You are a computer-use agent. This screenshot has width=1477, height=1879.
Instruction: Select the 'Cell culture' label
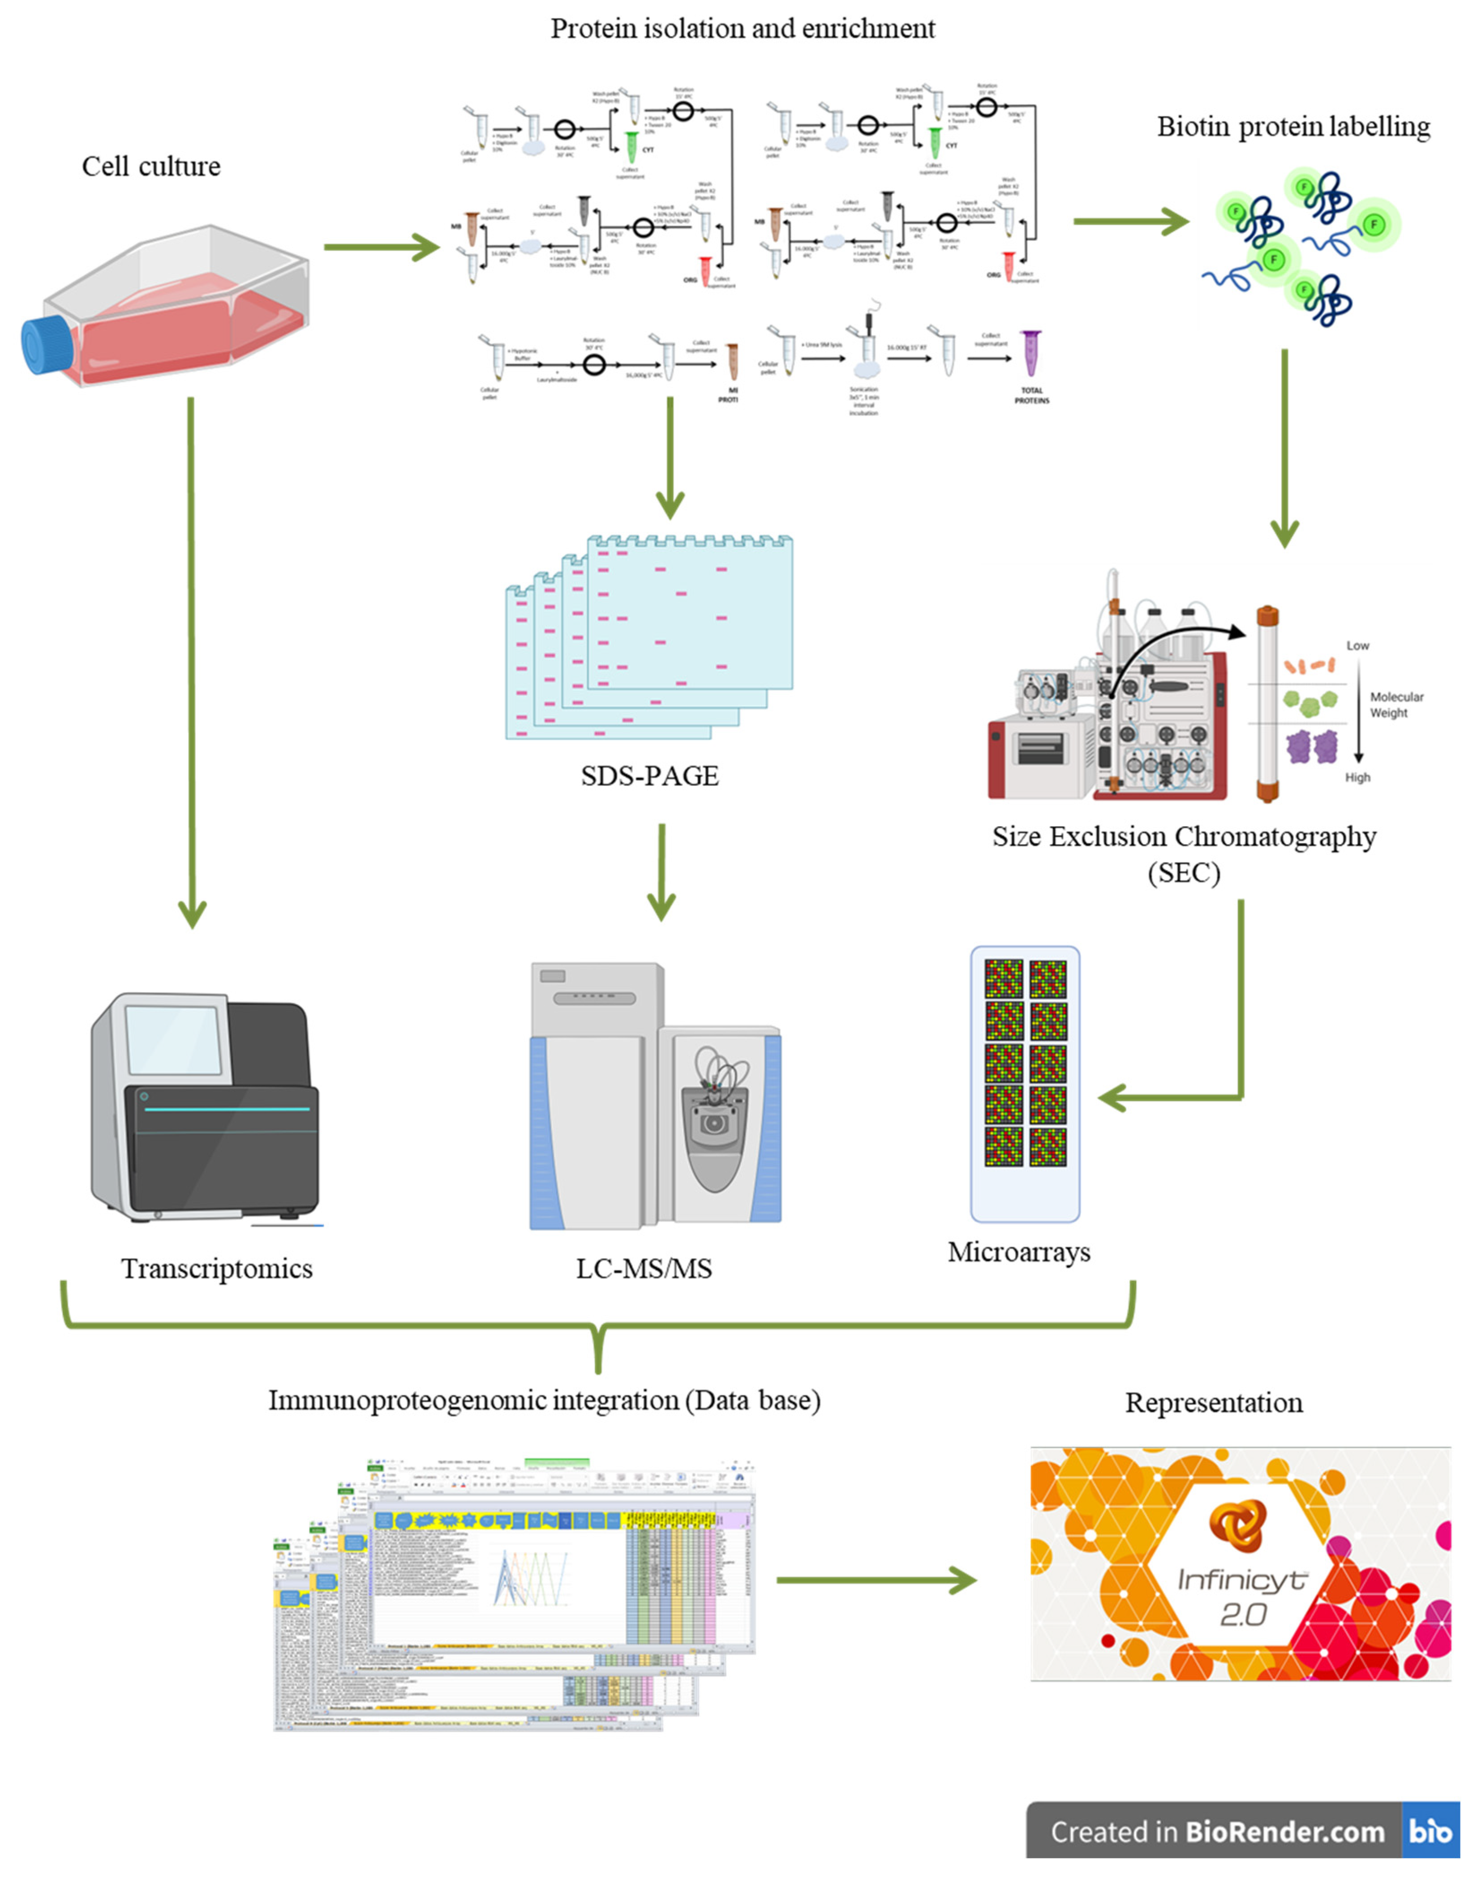click(151, 166)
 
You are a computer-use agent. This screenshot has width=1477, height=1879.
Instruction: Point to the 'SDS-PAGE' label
click(649, 776)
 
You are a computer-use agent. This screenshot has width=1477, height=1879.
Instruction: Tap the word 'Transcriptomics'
click(217, 1269)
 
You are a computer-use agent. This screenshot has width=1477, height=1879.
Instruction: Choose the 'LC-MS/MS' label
click(644, 1269)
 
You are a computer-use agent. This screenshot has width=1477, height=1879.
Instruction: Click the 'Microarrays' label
click(1019, 1252)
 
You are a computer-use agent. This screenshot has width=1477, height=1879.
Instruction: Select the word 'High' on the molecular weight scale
click(1357, 778)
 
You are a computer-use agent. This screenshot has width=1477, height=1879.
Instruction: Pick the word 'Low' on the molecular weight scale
click(1357, 645)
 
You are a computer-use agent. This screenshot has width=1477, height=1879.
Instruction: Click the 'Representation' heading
click(1213, 1403)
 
